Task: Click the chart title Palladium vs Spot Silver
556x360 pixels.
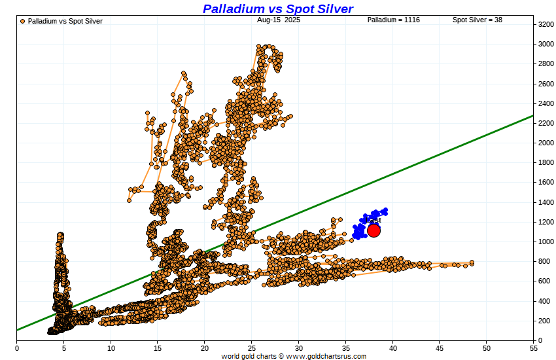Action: point(278,9)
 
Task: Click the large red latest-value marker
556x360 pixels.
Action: point(374,230)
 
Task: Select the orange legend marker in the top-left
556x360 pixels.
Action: point(23,21)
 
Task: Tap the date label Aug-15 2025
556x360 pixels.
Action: point(279,20)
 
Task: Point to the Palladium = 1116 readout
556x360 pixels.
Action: point(393,20)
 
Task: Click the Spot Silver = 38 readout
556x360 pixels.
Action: point(478,20)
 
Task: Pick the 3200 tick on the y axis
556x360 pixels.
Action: point(546,24)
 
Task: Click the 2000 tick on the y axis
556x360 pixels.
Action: point(546,143)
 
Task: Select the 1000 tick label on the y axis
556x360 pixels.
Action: point(546,242)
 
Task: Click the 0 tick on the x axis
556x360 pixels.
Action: point(16,348)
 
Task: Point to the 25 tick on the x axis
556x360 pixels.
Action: point(252,348)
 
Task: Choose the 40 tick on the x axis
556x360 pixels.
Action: point(393,348)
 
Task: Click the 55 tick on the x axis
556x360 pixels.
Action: point(534,348)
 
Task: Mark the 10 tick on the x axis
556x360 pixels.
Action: point(111,348)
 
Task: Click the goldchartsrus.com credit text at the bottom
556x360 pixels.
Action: point(293,356)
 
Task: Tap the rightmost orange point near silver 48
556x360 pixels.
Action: point(472,262)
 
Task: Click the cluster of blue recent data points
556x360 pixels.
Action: point(370,219)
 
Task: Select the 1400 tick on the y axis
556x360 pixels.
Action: point(546,202)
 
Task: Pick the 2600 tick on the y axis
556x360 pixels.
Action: point(546,84)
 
